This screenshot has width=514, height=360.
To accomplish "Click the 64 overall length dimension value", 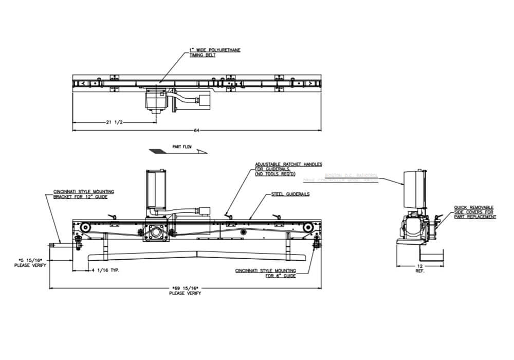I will (196, 130).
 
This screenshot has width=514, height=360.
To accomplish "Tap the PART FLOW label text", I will (181, 147).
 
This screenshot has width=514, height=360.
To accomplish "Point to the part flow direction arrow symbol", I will (177, 152).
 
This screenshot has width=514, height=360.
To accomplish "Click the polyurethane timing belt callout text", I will (215, 52).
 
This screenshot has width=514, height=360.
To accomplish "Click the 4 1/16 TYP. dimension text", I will (105, 270).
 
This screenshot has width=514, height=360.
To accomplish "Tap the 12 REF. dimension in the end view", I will (419, 268).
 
